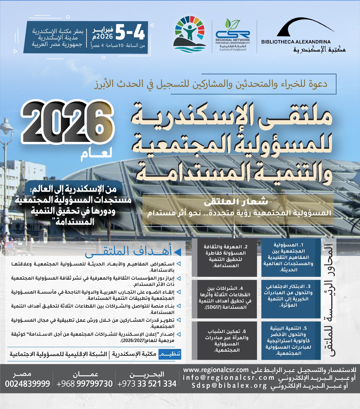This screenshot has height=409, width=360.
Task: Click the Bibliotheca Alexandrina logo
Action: (303, 35)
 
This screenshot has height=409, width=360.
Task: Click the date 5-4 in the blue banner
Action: (130, 32)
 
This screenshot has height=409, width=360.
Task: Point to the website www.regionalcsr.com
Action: (216, 370)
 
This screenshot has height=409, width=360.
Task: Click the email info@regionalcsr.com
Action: (228, 378)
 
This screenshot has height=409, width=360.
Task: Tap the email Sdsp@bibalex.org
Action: (229, 385)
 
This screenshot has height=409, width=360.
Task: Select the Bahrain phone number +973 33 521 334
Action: (147, 384)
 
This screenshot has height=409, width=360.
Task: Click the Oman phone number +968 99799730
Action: (84, 384)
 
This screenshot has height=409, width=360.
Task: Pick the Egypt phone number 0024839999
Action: (27, 384)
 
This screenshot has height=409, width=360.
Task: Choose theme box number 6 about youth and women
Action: (227, 340)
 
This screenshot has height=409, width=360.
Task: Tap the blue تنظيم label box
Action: (170, 354)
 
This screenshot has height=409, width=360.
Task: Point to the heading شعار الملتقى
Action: (236, 202)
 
